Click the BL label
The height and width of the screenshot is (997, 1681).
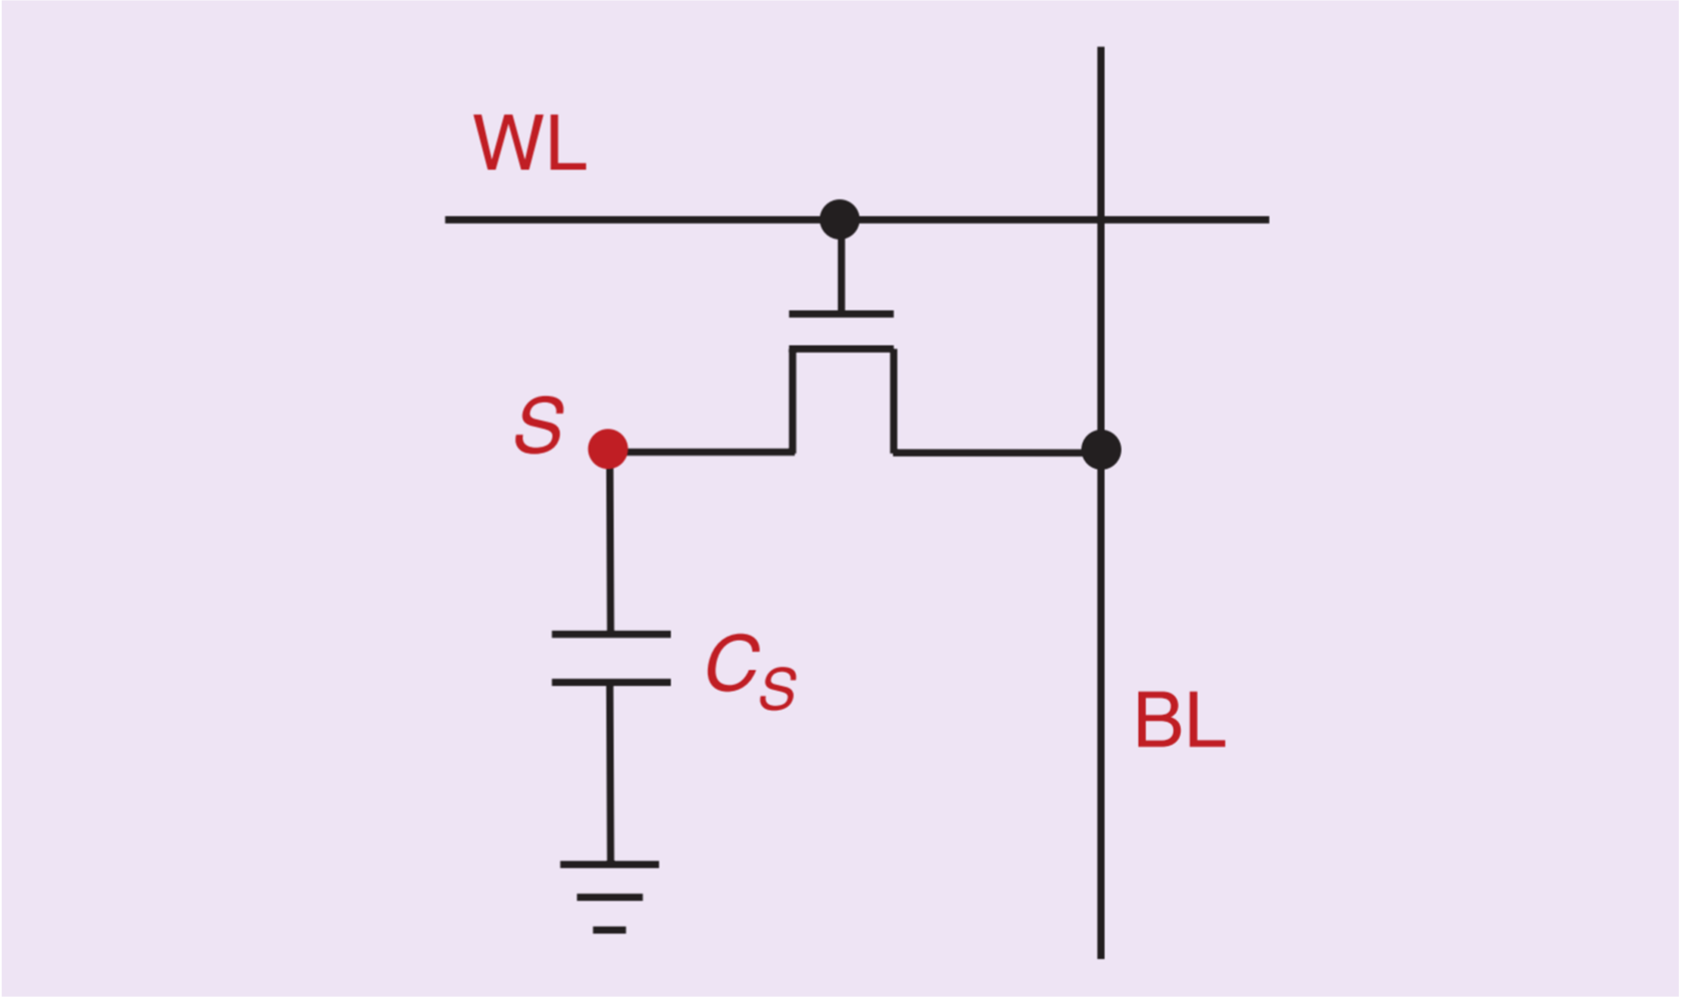(1180, 719)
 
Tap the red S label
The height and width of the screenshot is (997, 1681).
(539, 425)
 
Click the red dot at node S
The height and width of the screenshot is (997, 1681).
(608, 449)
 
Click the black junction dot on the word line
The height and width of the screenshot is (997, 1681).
(840, 219)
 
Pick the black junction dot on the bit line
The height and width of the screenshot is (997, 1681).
(1101, 450)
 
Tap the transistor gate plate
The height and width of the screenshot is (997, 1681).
(841, 314)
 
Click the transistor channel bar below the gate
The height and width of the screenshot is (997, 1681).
(841, 349)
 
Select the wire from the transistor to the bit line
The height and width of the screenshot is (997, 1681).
(987, 453)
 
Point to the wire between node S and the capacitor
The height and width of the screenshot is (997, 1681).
(610, 551)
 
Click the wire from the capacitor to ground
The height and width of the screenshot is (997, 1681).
(610, 772)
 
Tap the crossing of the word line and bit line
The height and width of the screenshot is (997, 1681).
(1101, 219)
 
